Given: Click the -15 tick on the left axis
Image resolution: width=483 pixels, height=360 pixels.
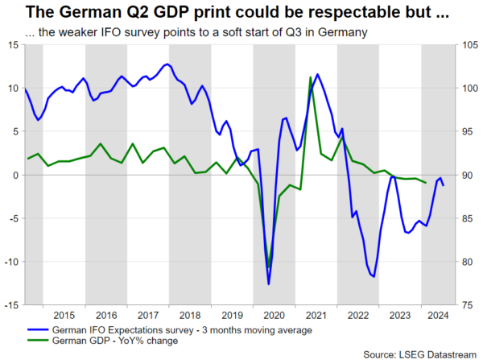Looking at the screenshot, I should click(x=11, y=305).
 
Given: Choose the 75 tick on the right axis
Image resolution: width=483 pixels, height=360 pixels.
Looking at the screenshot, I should click(x=466, y=305).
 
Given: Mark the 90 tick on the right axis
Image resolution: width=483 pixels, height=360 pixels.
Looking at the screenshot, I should click(x=466, y=175).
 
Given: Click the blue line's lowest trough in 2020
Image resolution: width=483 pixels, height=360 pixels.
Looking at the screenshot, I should click(x=269, y=283).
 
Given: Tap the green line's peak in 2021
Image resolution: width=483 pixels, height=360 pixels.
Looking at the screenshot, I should click(x=311, y=77).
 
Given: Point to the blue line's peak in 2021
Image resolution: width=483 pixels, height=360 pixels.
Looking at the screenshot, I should click(x=317, y=74).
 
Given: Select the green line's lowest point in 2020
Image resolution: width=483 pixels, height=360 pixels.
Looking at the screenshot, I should click(x=269, y=268).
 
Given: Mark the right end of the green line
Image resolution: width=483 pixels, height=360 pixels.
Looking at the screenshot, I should click(x=426, y=183).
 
